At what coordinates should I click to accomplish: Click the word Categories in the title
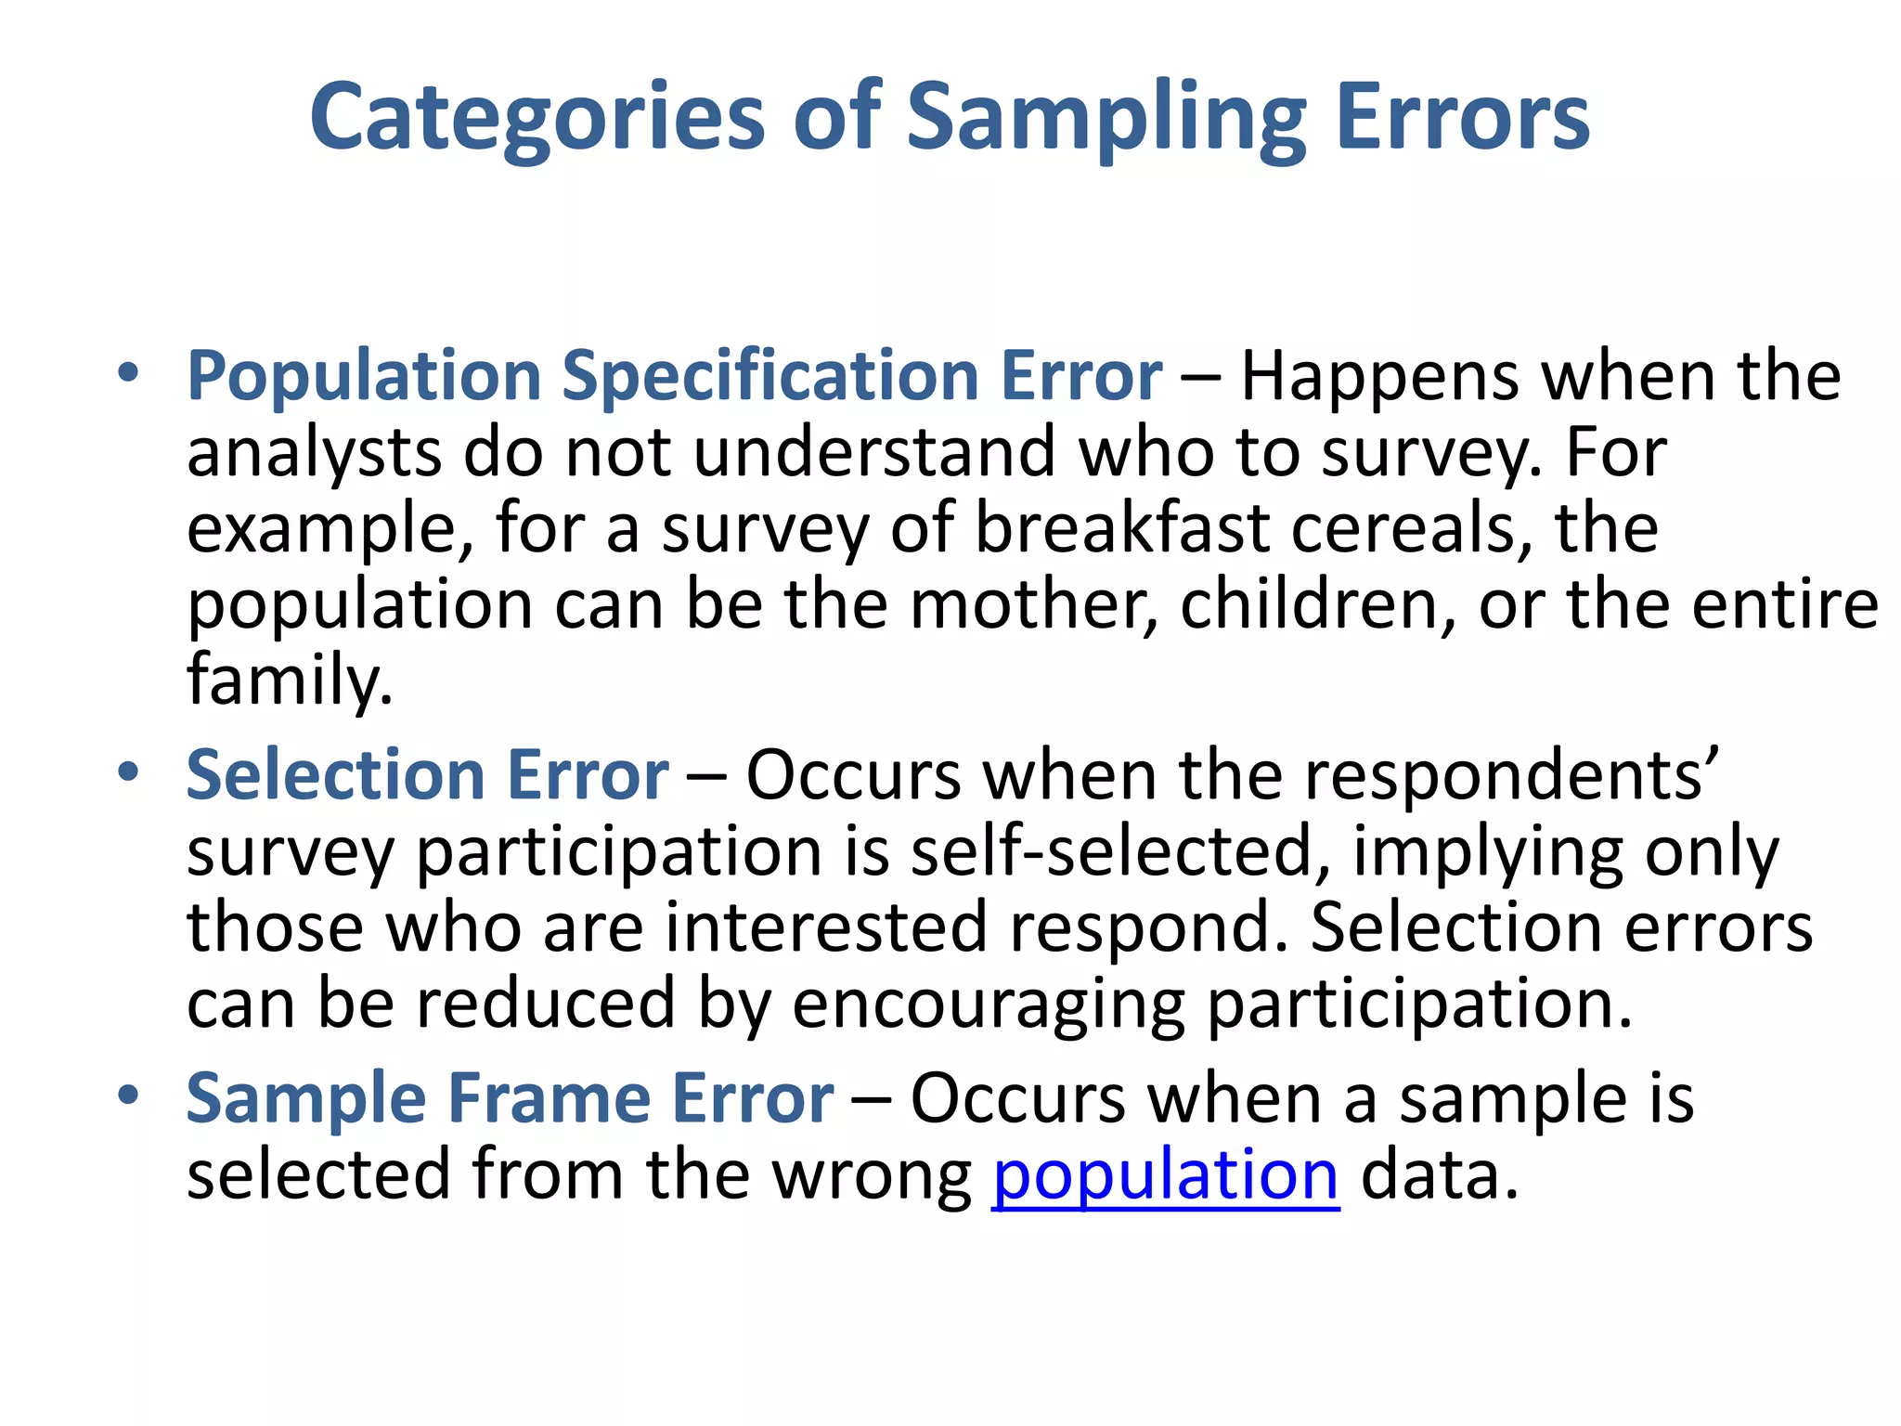[x=537, y=117]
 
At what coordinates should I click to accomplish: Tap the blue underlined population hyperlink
[x=1165, y=1175]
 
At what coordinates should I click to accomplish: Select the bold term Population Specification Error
[x=674, y=376]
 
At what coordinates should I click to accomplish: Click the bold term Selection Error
[x=427, y=774]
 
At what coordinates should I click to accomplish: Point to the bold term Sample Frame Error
[x=510, y=1098]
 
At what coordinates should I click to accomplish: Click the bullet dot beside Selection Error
[x=128, y=771]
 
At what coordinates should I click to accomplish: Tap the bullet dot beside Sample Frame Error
[x=128, y=1095]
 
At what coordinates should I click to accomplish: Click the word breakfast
[x=1122, y=528]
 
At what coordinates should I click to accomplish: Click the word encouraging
[x=989, y=1004]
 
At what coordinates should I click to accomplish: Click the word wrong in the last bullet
[x=872, y=1175]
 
